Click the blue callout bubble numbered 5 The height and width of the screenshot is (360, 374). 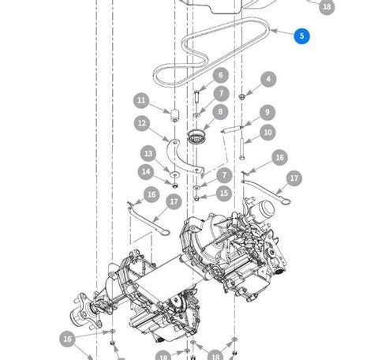(x=301, y=36)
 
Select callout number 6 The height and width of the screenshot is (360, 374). (x=220, y=76)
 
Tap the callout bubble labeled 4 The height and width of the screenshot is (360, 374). (x=269, y=80)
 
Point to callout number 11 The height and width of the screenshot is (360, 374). (x=141, y=100)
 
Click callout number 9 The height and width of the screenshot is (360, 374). (x=267, y=113)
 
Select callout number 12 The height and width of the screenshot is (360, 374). (x=141, y=123)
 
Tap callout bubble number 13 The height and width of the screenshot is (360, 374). (x=148, y=153)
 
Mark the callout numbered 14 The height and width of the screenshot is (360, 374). (x=146, y=171)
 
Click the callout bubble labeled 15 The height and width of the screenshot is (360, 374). (x=224, y=193)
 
